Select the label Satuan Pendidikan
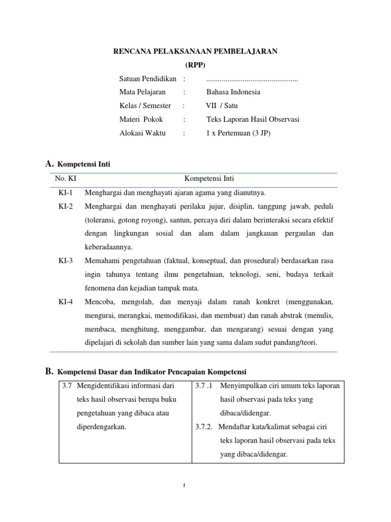click(148, 79)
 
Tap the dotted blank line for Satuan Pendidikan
click(252, 80)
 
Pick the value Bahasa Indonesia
click(233, 92)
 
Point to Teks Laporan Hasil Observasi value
click(253, 120)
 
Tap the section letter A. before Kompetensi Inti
click(49, 164)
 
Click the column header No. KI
click(65, 179)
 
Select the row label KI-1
click(66, 193)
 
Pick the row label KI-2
click(66, 206)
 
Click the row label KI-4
click(66, 302)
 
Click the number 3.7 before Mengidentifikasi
click(67, 386)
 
